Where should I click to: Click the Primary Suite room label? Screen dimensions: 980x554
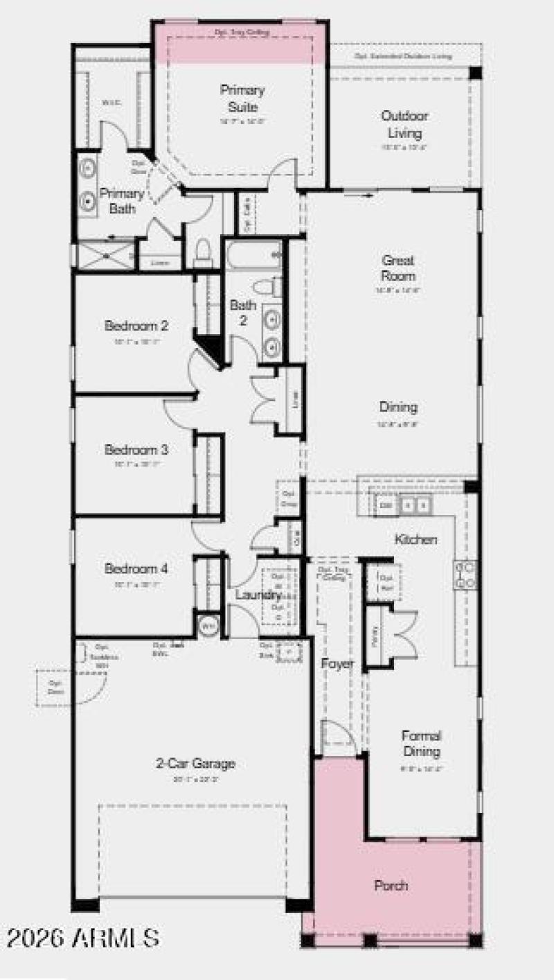click(242, 98)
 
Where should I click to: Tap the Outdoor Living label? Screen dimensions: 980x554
click(405, 125)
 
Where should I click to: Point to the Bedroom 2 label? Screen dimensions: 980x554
click(136, 325)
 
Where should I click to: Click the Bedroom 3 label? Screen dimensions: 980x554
click(136, 450)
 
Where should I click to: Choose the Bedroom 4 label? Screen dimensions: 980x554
click(136, 569)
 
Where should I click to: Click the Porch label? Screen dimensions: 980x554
click(391, 885)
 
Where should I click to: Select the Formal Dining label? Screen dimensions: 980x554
click(421, 743)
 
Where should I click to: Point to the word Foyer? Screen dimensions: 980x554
click(337, 663)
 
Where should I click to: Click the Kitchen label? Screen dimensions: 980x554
click(415, 539)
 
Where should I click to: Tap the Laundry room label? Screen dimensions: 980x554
click(258, 595)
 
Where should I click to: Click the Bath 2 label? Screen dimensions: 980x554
click(243, 313)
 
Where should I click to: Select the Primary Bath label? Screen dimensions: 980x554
click(121, 200)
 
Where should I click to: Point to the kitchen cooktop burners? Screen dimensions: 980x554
click(465, 575)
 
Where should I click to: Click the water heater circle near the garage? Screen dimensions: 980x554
click(208, 625)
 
